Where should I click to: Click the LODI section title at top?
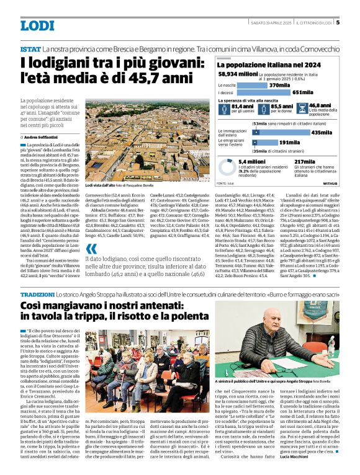pyautogui.click(x=38, y=26)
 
